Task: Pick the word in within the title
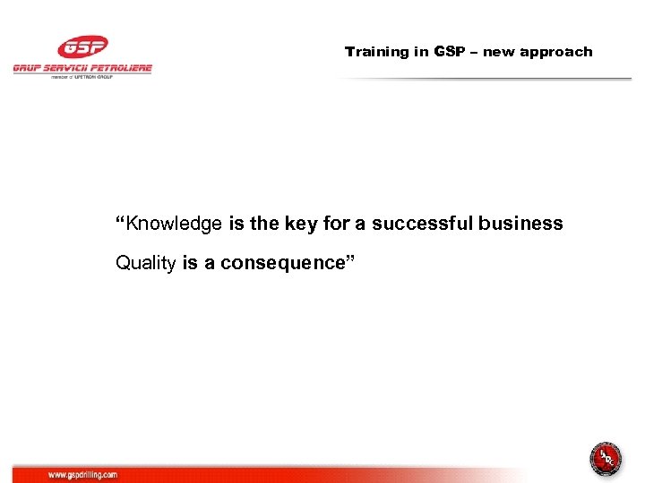(421, 52)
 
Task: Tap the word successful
(422, 224)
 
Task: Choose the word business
(520, 224)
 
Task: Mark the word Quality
(146, 263)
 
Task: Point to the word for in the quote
(335, 224)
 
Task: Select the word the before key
(264, 224)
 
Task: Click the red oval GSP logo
(82, 47)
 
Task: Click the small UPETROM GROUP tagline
(82, 77)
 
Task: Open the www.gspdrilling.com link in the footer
(82, 475)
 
